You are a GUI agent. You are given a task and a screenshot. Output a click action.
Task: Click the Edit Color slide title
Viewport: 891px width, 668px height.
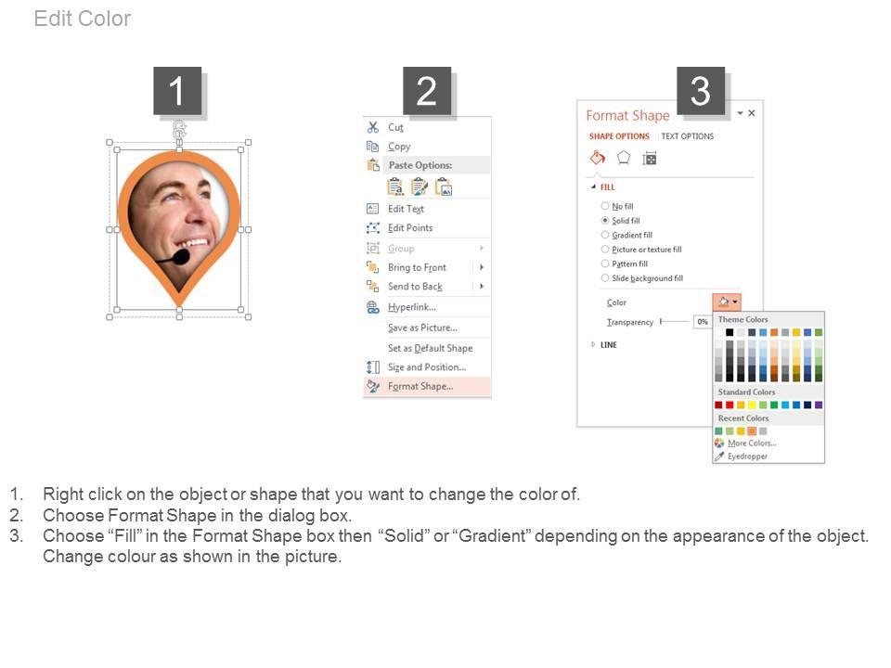point(83,19)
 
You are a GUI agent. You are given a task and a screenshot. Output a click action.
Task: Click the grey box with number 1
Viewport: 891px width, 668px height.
point(177,91)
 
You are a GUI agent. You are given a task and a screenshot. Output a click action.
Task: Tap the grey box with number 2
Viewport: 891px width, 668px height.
point(427,91)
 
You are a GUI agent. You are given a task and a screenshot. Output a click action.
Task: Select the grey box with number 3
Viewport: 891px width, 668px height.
point(700,91)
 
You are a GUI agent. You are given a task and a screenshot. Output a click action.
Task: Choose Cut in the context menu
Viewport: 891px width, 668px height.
point(395,127)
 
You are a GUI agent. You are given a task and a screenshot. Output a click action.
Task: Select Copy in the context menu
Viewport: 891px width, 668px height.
point(399,147)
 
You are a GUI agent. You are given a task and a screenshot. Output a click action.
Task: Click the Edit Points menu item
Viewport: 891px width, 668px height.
point(410,228)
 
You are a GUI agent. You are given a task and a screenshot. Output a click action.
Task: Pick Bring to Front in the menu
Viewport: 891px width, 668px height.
point(417,267)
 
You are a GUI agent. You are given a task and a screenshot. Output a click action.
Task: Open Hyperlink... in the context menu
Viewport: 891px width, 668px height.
point(412,307)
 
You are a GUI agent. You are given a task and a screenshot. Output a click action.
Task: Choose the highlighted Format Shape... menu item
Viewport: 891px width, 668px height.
point(420,386)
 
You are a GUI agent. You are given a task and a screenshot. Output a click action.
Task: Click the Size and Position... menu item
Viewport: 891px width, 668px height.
point(427,367)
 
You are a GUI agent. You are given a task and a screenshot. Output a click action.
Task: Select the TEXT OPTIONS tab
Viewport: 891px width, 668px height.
point(687,136)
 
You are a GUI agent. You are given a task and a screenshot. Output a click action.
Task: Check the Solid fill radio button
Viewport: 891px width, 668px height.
point(605,221)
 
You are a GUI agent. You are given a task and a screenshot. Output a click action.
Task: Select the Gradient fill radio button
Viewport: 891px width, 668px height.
point(605,235)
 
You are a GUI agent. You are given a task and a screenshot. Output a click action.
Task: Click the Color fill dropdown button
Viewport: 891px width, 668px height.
point(727,302)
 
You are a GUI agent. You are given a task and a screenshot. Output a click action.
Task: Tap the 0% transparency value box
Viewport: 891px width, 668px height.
point(703,322)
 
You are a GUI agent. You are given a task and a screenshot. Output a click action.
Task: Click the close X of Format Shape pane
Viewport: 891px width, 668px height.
point(752,113)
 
